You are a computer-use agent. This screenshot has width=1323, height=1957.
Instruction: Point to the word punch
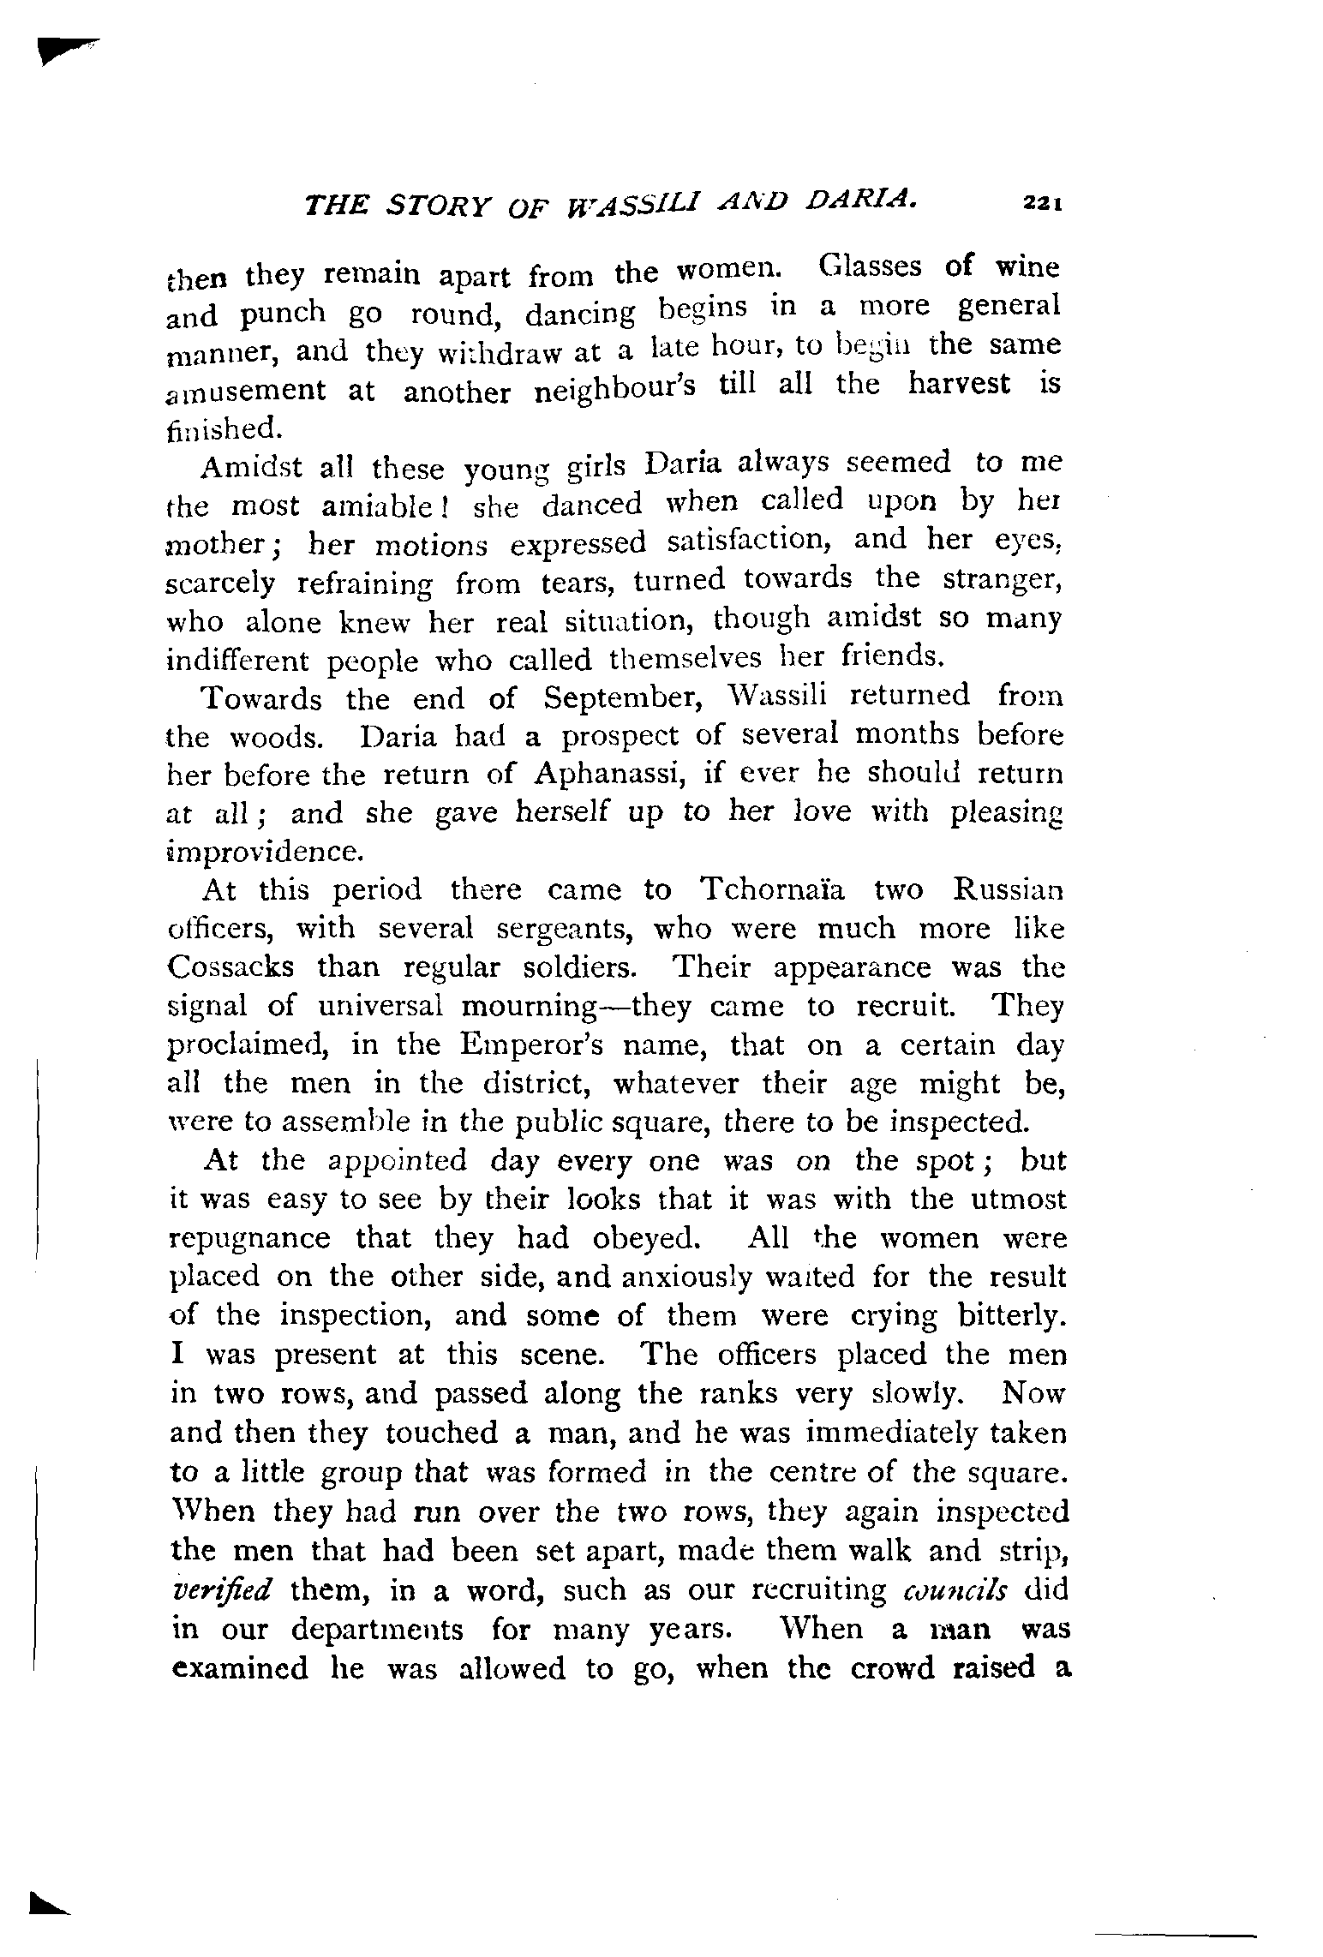tap(283, 314)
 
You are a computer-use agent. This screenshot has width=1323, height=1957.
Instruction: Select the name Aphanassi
tap(607, 774)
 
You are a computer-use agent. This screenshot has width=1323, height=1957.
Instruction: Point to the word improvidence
tap(260, 853)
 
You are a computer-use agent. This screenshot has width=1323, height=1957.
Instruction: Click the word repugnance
tap(250, 1240)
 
